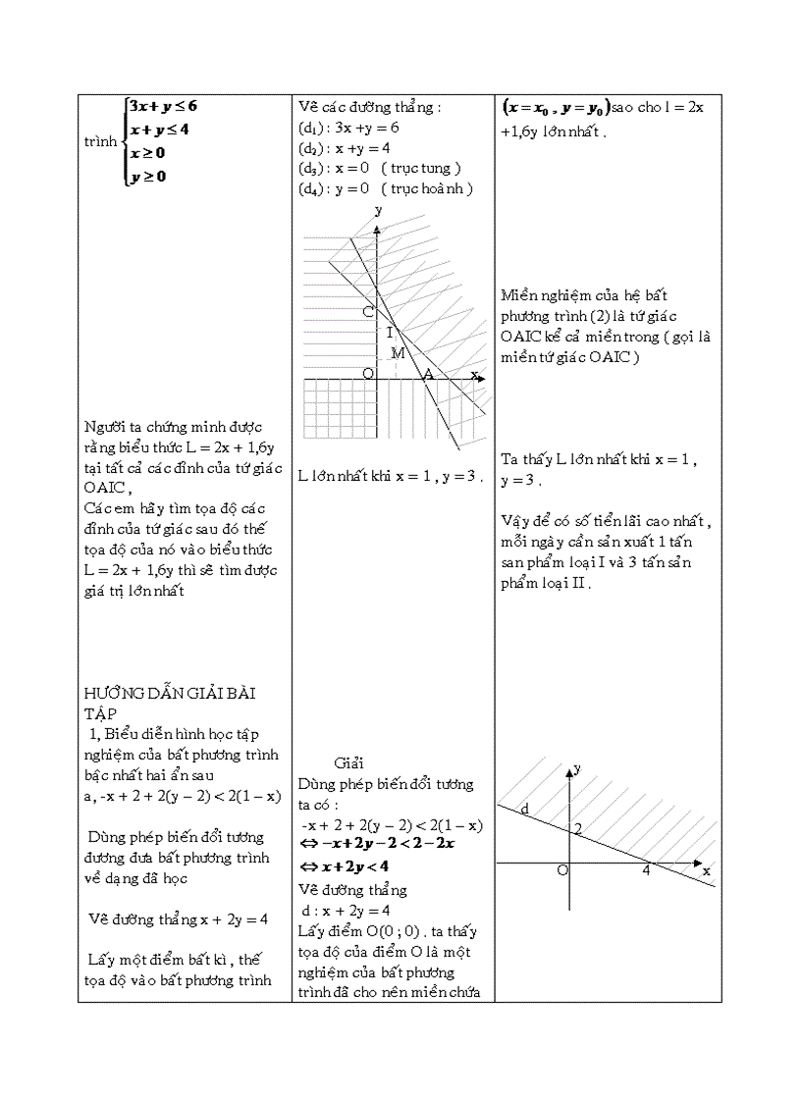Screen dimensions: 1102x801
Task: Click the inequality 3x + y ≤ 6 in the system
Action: click(x=164, y=106)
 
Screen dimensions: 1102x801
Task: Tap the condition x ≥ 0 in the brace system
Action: click(x=147, y=153)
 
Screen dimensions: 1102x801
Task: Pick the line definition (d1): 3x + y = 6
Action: click(x=348, y=128)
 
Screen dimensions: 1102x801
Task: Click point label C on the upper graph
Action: click(x=367, y=312)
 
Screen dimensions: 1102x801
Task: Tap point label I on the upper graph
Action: click(x=389, y=333)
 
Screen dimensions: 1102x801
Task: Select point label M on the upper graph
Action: click(x=398, y=352)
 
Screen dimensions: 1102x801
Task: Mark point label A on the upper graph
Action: click(x=427, y=374)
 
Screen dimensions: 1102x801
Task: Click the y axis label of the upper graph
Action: click(x=379, y=210)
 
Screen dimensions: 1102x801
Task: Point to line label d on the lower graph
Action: click(x=524, y=809)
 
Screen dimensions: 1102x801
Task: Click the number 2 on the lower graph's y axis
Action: click(x=578, y=830)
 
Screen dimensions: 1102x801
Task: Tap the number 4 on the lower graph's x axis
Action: click(x=647, y=869)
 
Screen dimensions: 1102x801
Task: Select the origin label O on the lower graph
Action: click(x=562, y=870)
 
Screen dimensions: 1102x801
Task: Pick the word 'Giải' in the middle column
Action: click(x=349, y=762)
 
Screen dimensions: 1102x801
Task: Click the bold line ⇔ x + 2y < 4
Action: click(x=345, y=866)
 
